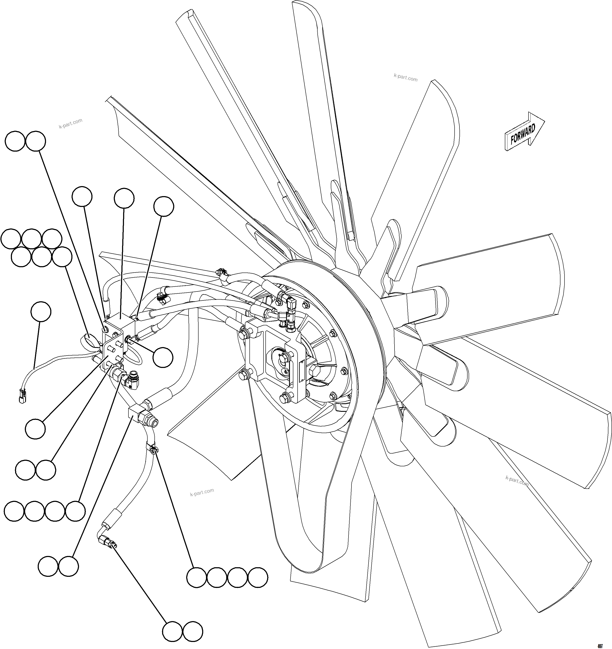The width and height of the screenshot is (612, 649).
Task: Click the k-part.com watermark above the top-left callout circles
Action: click(71, 123)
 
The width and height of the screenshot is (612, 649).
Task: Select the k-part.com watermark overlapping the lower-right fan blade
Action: click(517, 481)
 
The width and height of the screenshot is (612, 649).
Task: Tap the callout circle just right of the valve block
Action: click(163, 357)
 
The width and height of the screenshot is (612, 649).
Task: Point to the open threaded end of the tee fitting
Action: click(154, 423)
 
